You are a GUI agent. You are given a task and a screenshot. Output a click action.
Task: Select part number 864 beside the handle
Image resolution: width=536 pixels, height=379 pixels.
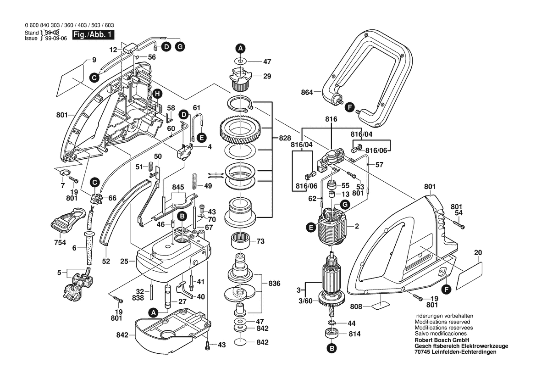(x=307, y=93)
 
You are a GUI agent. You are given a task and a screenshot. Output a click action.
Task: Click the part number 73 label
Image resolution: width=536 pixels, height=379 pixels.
(x=260, y=241)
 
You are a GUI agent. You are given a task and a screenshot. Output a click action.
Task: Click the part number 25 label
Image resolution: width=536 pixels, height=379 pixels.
(x=124, y=262)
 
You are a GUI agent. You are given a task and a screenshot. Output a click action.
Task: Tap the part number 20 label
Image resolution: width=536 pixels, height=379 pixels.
(x=478, y=252)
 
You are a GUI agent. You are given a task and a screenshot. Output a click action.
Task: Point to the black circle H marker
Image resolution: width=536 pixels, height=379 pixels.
(x=157, y=94)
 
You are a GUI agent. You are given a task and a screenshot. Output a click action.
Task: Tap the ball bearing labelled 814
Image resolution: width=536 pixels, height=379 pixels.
(x=332, y=334)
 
